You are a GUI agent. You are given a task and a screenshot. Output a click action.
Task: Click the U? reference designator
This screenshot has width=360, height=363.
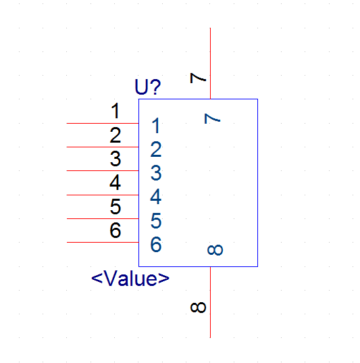click(148, 87)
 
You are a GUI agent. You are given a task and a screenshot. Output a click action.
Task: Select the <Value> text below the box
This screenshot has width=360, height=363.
click(130, 279)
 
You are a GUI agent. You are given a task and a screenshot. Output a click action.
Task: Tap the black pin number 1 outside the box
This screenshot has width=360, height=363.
click(115, 111)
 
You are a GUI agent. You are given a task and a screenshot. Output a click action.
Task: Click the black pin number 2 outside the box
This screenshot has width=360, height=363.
click(115, 135)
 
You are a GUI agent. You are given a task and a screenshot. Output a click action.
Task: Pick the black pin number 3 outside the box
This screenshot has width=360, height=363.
click(115, 159)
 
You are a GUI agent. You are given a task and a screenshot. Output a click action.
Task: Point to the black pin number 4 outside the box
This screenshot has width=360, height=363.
click(115, 183)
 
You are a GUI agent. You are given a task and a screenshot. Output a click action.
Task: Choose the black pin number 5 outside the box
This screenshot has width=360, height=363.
click(115, 206)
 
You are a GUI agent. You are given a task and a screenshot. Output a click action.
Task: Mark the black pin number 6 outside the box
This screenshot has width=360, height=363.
click(115, 230)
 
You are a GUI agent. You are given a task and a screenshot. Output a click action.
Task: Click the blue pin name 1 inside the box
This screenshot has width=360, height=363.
click(156, 125)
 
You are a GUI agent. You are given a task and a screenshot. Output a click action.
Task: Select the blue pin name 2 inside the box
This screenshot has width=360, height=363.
click(156, 149)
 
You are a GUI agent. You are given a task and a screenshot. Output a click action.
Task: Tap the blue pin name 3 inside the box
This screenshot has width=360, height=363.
click(156, 172)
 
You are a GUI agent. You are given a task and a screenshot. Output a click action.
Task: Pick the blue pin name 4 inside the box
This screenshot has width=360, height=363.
click(155, 197)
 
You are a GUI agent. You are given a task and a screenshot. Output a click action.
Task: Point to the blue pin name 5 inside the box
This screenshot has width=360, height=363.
click(156, 220)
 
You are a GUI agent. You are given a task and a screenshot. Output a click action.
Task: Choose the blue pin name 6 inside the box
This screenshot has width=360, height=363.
click(156, 244)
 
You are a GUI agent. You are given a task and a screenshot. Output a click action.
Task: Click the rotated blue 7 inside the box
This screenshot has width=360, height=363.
click(212, 118)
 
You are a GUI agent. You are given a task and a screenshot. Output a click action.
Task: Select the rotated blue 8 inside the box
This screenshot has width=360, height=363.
click(215, 250)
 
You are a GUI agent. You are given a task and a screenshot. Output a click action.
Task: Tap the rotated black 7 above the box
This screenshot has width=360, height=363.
click(198, 78)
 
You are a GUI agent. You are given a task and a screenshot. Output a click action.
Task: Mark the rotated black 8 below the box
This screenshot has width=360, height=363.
click(198, 308)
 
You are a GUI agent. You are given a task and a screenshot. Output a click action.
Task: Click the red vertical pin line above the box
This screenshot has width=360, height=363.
click(210, 64)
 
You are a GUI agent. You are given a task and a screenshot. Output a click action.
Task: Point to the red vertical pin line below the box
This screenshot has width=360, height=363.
click(210, 302)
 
